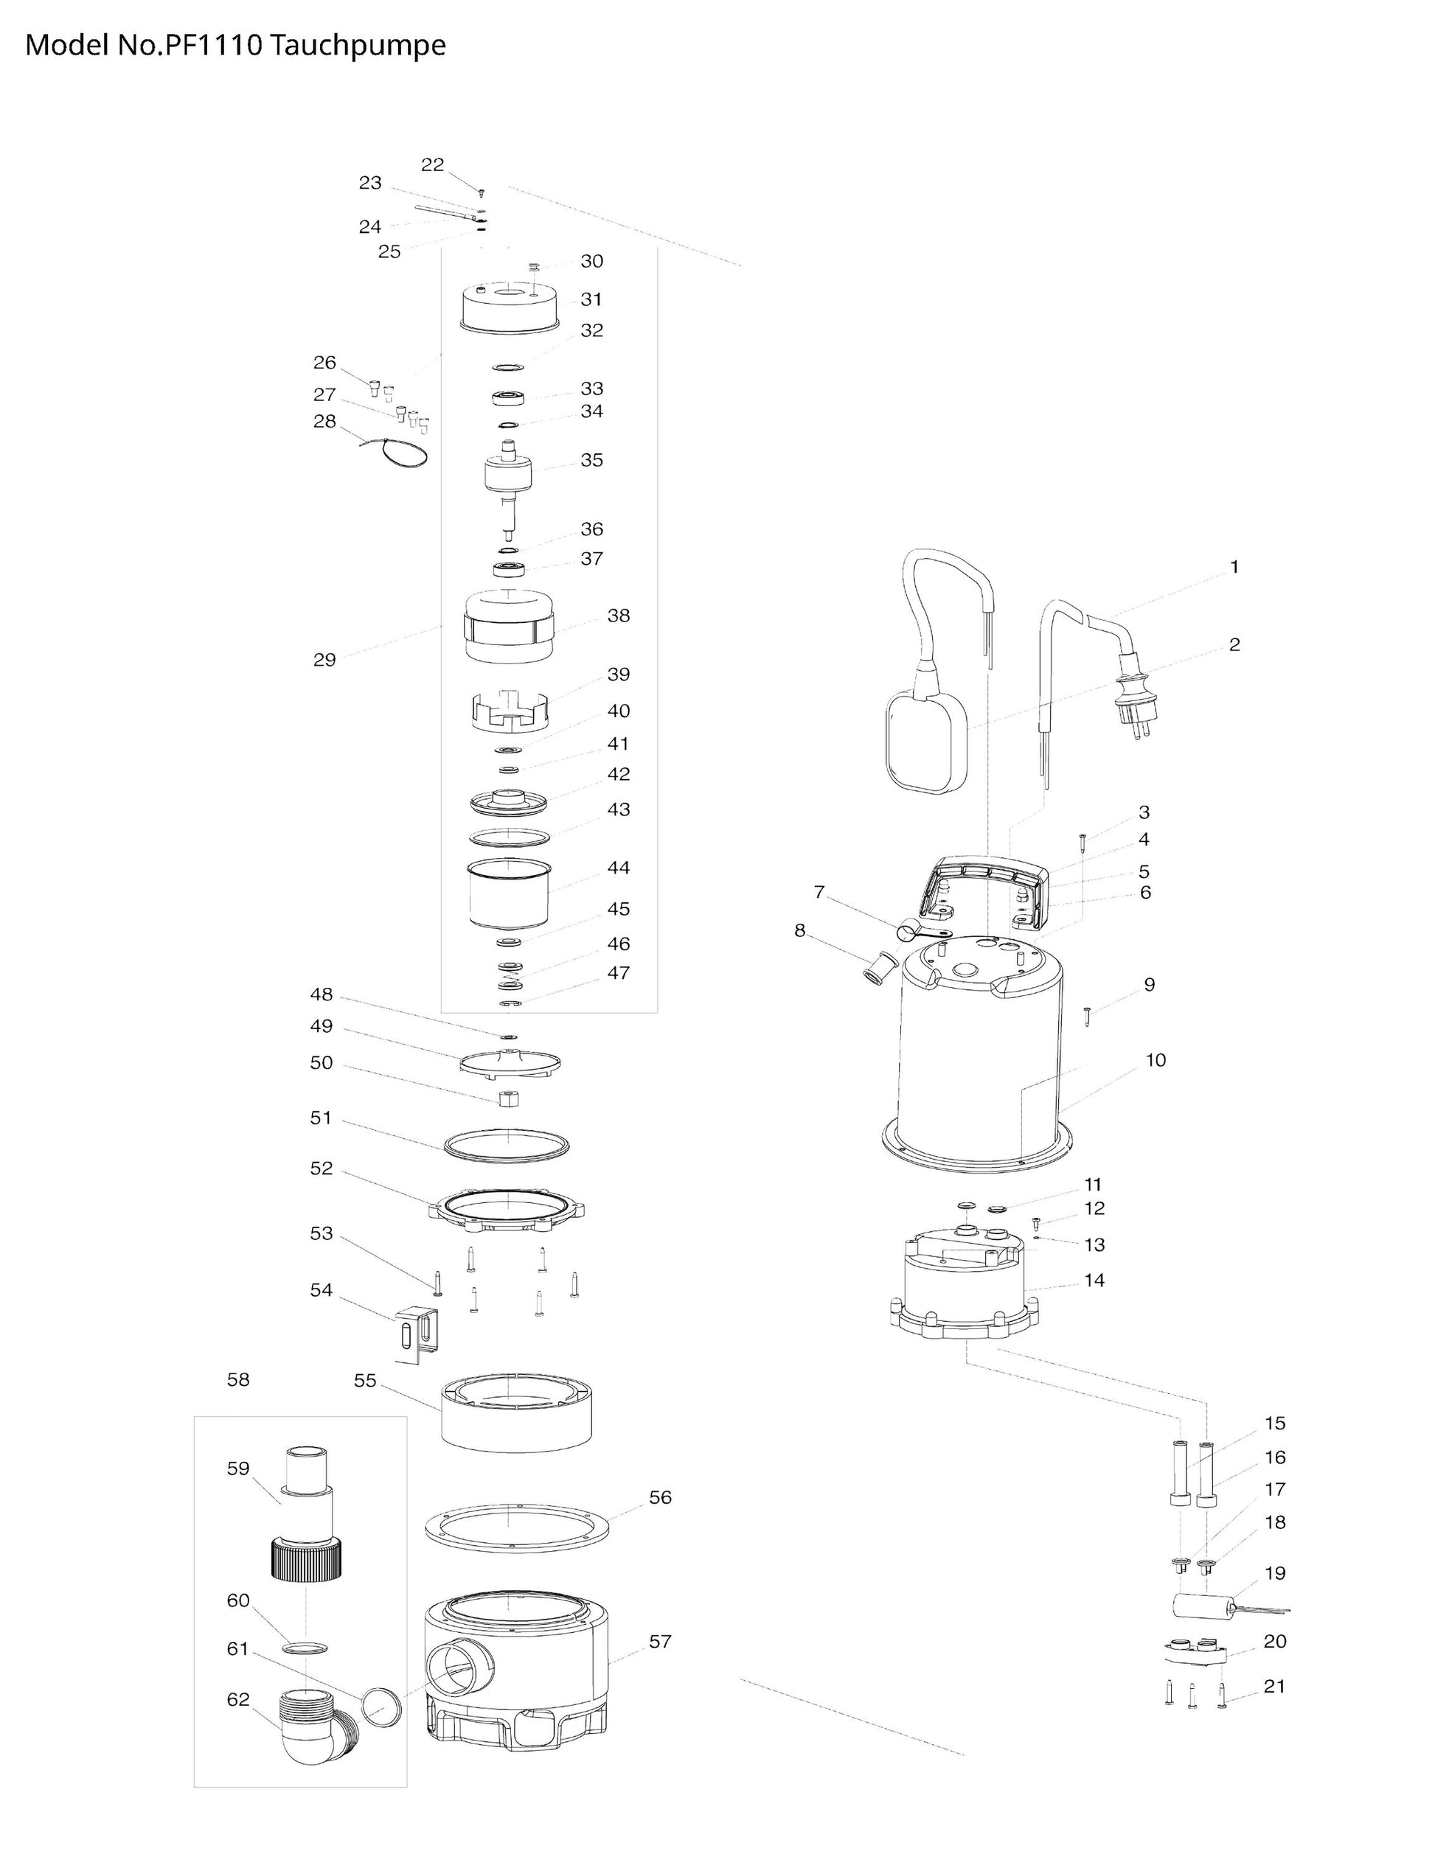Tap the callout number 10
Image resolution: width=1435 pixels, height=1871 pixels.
[1155, 1061]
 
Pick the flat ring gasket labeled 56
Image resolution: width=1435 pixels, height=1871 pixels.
[516, 1527]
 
